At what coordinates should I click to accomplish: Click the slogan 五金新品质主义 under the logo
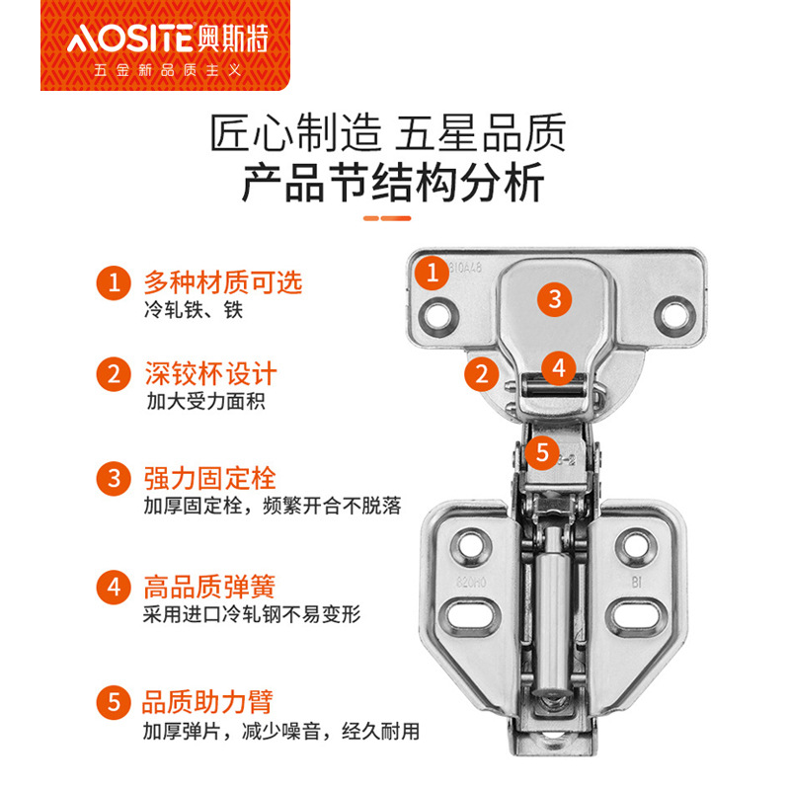(168, 70)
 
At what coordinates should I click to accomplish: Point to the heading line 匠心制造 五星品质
(388, 132)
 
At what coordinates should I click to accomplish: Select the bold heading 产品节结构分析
(393, 182)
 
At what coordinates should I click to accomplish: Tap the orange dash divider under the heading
(387, 218)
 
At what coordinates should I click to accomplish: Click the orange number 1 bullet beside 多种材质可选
(114, 282)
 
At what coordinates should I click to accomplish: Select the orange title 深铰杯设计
(211, 373)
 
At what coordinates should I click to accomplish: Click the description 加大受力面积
(206, 402)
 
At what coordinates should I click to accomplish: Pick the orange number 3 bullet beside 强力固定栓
(114, 478)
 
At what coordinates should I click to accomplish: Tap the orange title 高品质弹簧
(209, 587)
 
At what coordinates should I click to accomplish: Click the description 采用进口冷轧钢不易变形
(252, 614)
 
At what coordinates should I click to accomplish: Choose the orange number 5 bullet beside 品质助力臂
(114, 702)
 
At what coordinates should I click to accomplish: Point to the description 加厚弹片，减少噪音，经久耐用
(281, 731)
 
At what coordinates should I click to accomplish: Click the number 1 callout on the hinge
(433, 274)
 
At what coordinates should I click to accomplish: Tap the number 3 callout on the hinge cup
(554, 299)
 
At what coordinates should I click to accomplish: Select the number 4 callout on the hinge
(559, 368)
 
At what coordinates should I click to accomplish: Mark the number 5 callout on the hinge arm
(542, 452)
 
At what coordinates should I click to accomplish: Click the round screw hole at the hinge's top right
(674, 315)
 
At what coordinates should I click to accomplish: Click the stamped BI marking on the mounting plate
(636, 583)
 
